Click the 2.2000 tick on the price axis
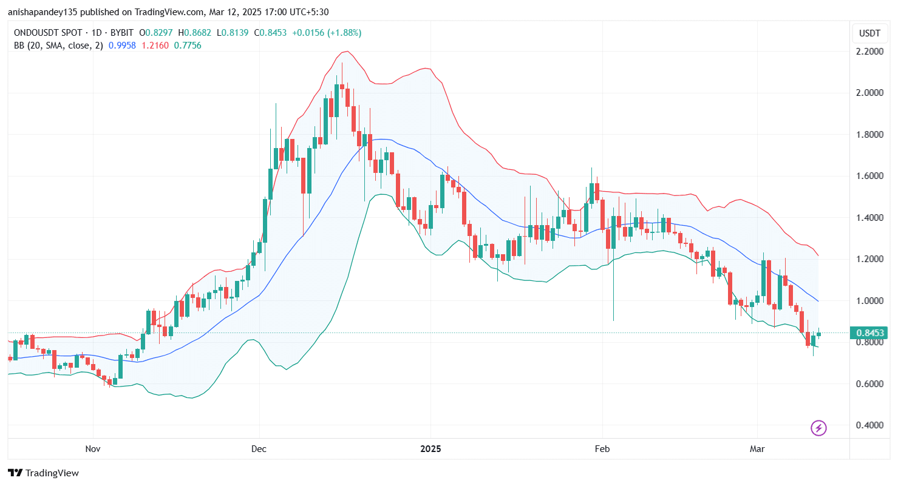click(869, 52)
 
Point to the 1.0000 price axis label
click(869, 301)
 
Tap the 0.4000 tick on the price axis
click(869, 425)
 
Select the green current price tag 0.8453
click(869, 332)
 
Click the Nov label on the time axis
click(92, 450)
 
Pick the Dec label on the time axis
click(259, 450)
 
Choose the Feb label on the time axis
click(602, 450)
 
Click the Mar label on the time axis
click(757, 450)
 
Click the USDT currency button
click(869, 33)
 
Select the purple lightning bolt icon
click(818, 428)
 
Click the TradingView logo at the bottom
click(44, 473)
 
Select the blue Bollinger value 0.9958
click(121, 46)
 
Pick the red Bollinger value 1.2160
click(155, 46)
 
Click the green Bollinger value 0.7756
click(188, 46)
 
